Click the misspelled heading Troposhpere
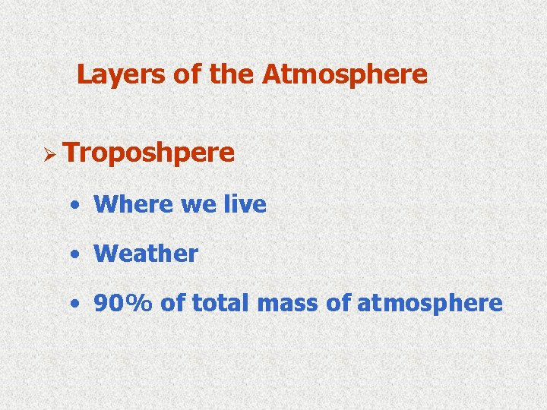(x=150, y=153)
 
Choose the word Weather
(x=146, y=254)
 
